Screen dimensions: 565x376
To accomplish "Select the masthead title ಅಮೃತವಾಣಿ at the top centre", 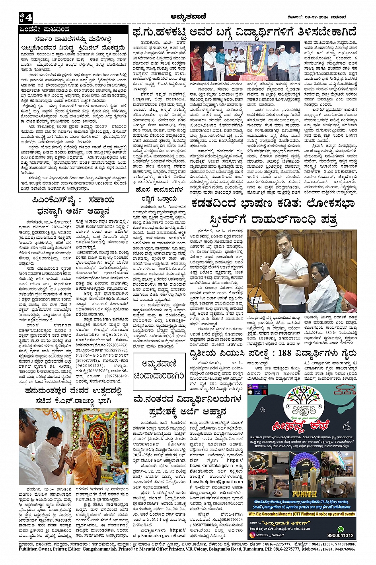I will point(187,17).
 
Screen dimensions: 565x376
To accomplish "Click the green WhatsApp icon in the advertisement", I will point(341,529).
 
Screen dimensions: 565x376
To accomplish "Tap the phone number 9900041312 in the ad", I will point(340,536).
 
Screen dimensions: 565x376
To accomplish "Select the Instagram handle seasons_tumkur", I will point(271,535).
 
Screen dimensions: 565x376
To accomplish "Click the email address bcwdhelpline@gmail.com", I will point(216,482).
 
